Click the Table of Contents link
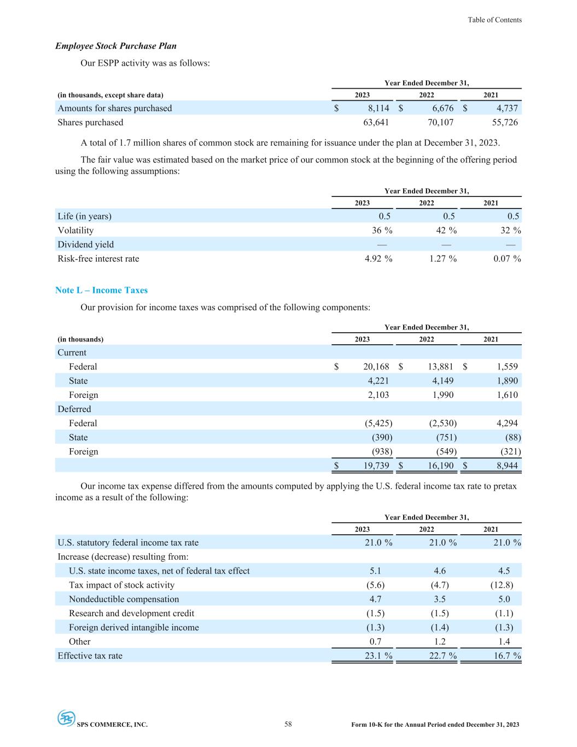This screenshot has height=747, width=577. [494, 20]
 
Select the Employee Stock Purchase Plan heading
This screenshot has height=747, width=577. [116, 46]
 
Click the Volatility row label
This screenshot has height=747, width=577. [75, 230]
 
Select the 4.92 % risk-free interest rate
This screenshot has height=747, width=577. [378, 259]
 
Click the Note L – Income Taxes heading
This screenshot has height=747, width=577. [101, 290]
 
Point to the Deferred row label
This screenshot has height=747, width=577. [74, 409]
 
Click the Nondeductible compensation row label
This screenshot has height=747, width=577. [124, 599]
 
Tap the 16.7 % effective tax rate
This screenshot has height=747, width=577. [507, 656]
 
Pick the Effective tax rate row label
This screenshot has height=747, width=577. [90, 656]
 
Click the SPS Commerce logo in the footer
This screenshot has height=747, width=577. [66, 718]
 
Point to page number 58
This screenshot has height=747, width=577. [288, 725]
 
